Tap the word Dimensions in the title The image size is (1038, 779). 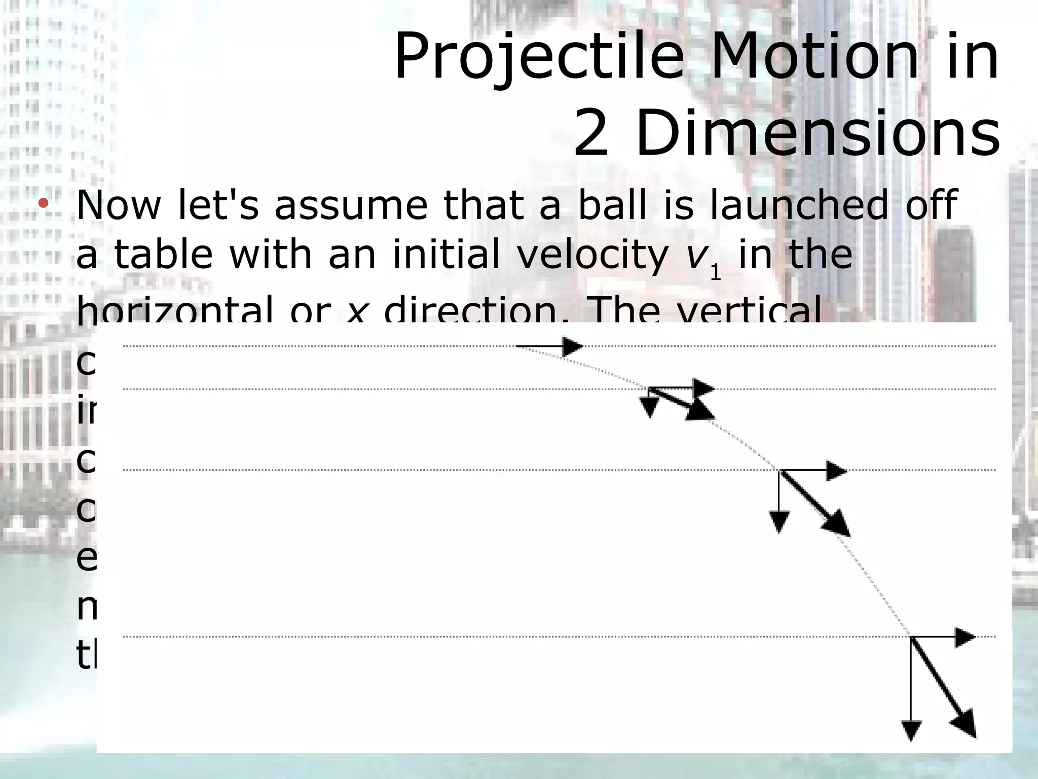tap(817, 134)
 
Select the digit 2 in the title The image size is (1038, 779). tap(591, 134)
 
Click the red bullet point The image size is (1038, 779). tap(43, 204)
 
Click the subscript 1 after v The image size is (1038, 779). tap(715, 273)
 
